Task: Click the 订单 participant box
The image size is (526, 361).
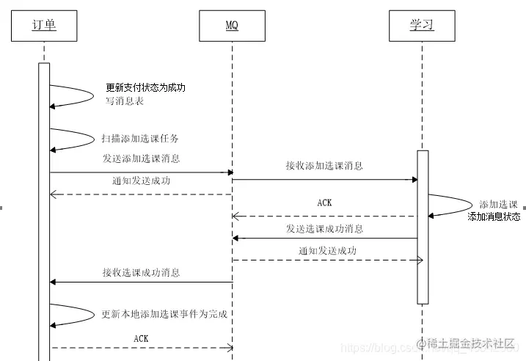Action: [44, 26]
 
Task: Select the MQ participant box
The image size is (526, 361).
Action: [231, 26]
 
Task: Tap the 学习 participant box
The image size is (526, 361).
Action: [421, 26]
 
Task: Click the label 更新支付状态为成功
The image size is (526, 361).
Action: [145, 87]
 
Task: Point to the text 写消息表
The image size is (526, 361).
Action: [124, 101]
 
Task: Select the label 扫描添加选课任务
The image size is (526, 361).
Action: [140, 138]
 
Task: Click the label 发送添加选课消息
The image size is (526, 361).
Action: [142, 158]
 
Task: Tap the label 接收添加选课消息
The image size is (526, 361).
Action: [324, 166]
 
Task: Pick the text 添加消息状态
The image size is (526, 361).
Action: [494, 216]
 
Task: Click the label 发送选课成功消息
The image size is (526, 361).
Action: [324, 229]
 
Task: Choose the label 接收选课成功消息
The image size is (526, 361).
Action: [142, 273]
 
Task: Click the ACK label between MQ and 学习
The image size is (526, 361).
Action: [324, 203]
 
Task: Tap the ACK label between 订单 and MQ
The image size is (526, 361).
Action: [142, 338]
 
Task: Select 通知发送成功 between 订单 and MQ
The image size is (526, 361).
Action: [142, 180]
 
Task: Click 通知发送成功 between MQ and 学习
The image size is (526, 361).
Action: [327, 250]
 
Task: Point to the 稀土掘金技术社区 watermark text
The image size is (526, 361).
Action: [470, 343]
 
